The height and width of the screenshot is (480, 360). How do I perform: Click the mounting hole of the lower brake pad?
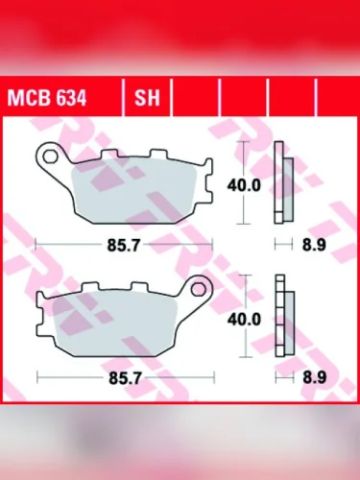click(200, 286)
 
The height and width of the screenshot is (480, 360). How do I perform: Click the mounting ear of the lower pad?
click(201, 286)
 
